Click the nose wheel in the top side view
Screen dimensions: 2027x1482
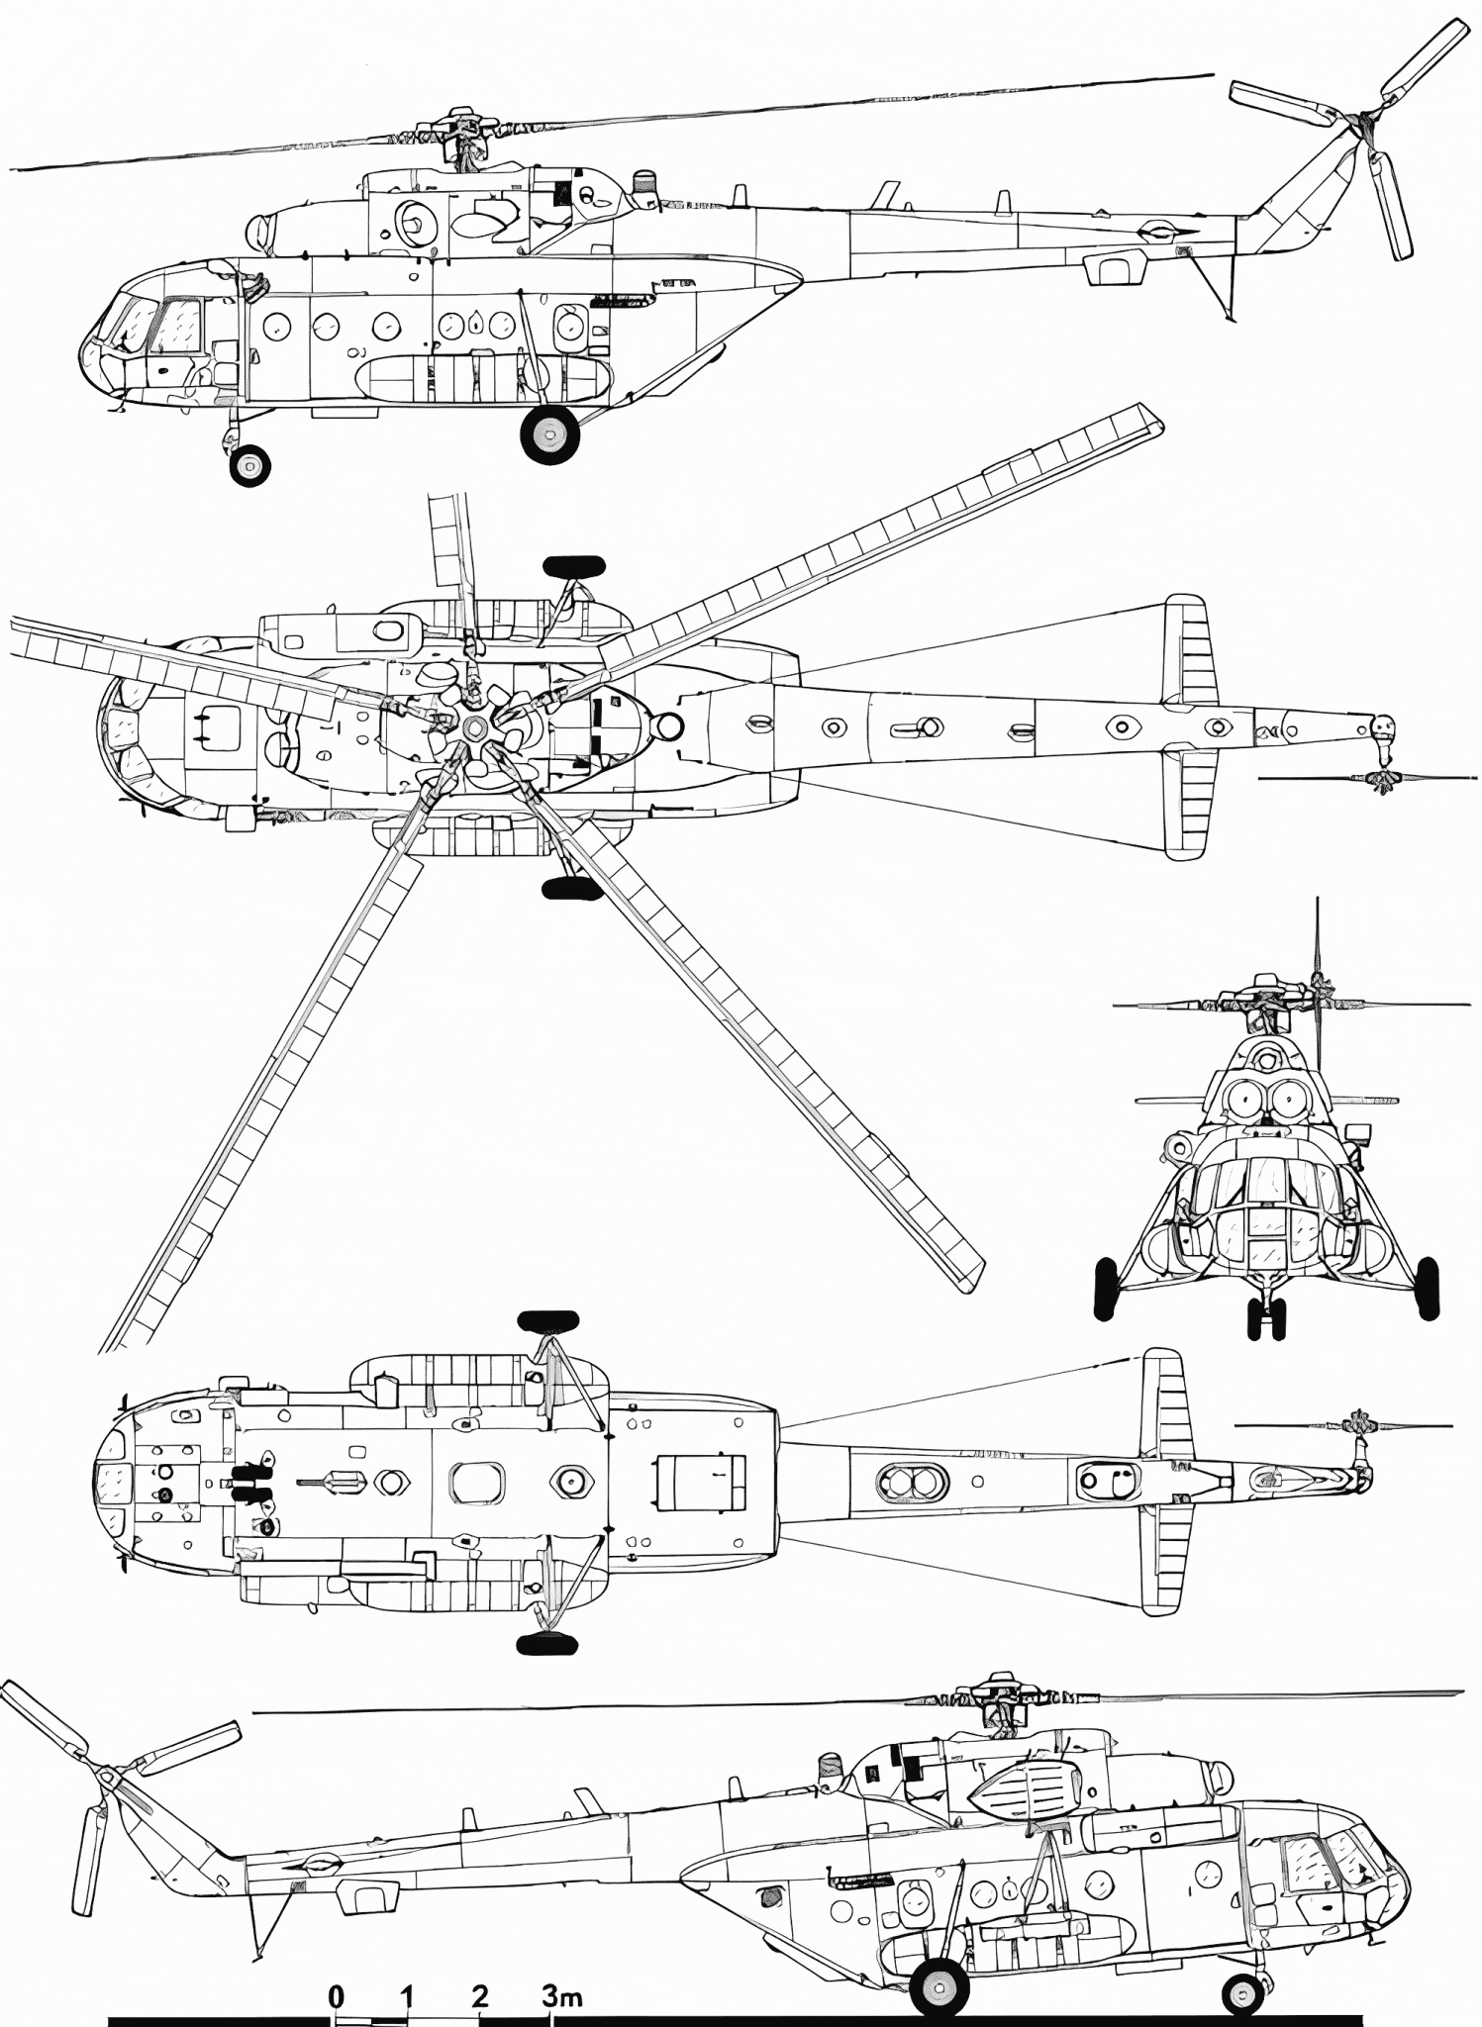[248, 464]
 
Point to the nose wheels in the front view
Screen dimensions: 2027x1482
[1268, 1317]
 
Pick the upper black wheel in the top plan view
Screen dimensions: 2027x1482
[573, 566]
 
